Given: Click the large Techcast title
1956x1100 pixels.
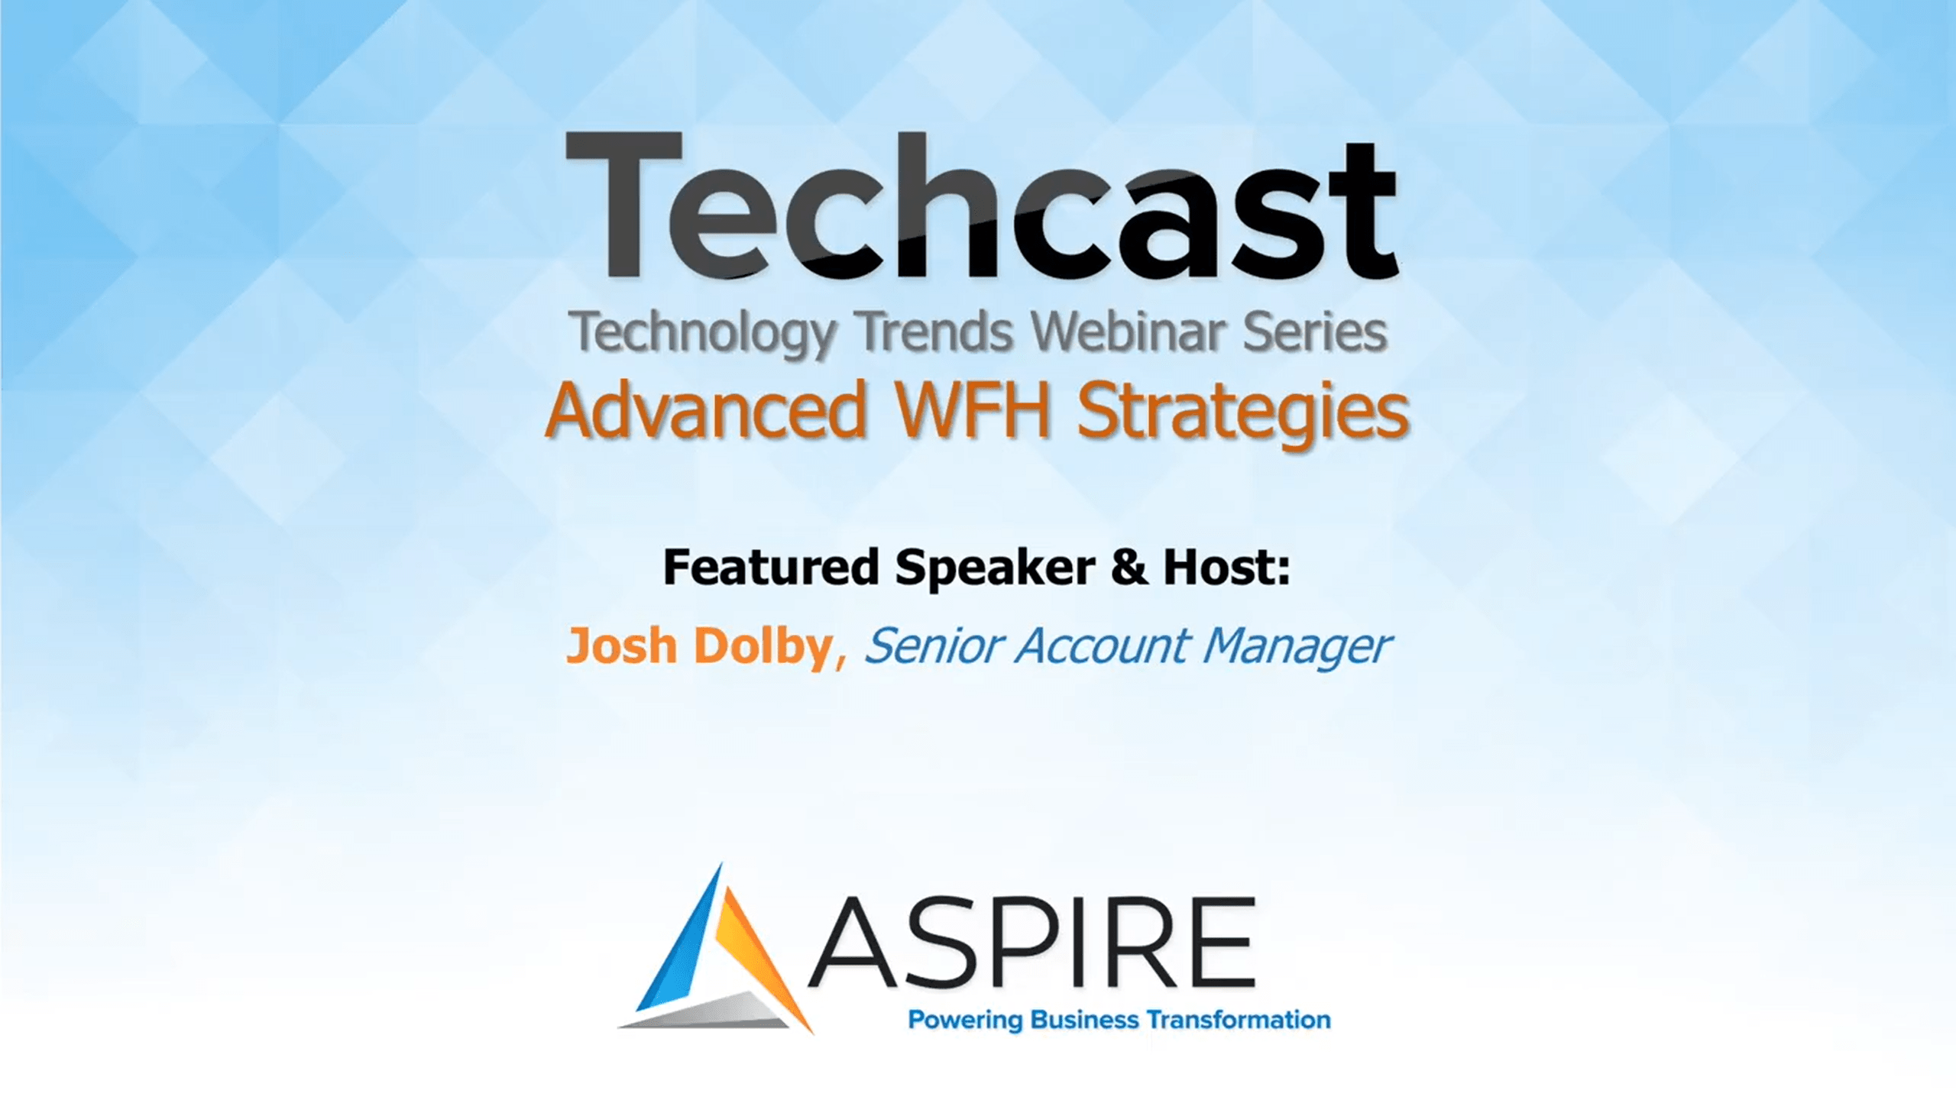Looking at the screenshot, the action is click(983, 207).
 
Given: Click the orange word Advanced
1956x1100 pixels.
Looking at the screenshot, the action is click(706, 410).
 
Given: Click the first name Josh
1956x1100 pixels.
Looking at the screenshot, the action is click(620, 645).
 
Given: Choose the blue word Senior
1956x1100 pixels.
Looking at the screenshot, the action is click(933, 645).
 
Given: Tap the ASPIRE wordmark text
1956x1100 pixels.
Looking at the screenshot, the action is click(1032, 943).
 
